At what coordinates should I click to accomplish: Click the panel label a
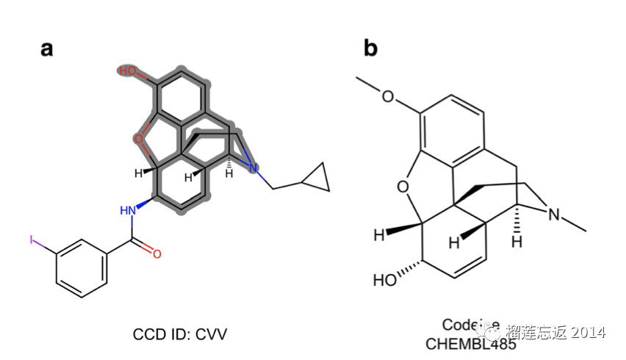click(x=47, y=50)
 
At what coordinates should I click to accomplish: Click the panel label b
click(x=370, y=48)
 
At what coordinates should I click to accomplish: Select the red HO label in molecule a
click(x=128, y=71)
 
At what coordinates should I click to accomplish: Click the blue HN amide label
click(x=129, y=212)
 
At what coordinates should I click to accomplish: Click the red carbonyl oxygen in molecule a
click(x=156, y=253)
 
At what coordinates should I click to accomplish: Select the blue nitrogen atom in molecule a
click(x=253, y=170)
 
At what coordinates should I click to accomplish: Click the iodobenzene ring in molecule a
click(x=82, y=267)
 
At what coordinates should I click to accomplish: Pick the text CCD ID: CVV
click(x=180, y=334)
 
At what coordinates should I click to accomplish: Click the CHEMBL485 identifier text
click(x=470, y=342)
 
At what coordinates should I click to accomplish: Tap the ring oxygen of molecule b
click(x=403, y=187)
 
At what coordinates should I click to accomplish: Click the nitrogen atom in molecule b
click(x=555, y=215)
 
